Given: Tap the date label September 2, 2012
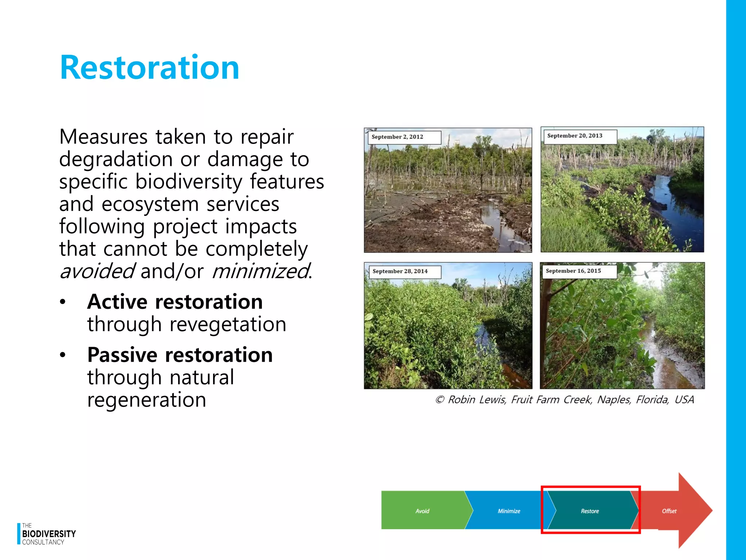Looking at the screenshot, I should [x=397, y=137].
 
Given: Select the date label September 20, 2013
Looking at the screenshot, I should [x=574, y=136].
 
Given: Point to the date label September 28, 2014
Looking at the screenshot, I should [x=400, y=272].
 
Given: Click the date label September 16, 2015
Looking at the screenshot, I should [x=573, y=271].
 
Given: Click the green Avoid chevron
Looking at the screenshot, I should [x=423, y=511].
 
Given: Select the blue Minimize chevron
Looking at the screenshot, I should [x=509, y=511].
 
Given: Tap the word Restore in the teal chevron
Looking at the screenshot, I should [x=590, y=511].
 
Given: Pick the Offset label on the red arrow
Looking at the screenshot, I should [x=669, y=511].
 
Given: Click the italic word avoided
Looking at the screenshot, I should [x=97, y=272].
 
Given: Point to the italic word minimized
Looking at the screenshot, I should [x=260, y=272].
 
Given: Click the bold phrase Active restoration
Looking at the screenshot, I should [x=175, y=302].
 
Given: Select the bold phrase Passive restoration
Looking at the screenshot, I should [x=180, y=355].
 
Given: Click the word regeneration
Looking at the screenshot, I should [x=147, y=400].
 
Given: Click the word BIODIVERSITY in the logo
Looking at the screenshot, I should [x=49, y=534].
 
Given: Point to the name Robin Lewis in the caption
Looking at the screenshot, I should [x=476, y=400].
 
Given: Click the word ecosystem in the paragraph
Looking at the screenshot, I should [x=150, y=204].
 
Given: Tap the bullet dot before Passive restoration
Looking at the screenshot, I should [x=63, y=355].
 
